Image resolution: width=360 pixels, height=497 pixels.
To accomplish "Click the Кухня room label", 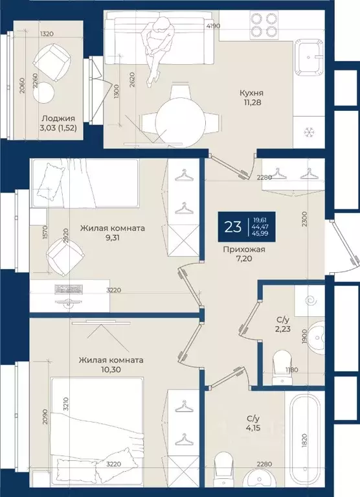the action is coord(251,93).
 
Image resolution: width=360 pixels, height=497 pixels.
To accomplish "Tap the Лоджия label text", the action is coord(58,119).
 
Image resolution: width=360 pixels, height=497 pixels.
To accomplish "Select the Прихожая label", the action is coord(244,249).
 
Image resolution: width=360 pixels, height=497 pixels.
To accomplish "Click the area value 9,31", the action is coord(113,237).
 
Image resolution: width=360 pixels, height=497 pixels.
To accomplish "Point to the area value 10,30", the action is coord(111,369).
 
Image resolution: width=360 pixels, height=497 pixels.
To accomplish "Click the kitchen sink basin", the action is coord(309,58).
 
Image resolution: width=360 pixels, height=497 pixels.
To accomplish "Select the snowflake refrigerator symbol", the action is coord(308,132).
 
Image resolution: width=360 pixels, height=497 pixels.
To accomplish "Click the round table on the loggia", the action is coord(43,92).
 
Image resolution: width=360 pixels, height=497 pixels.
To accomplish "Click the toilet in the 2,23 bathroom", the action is coord(281,367).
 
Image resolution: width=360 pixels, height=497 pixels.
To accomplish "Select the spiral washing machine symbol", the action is coord(309,300).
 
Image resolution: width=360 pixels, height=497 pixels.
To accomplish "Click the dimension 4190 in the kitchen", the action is coord(213,26).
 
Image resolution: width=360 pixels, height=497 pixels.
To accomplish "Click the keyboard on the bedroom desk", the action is coord(69,289).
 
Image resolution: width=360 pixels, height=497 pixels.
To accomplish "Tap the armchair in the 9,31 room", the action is coord(65,255).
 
